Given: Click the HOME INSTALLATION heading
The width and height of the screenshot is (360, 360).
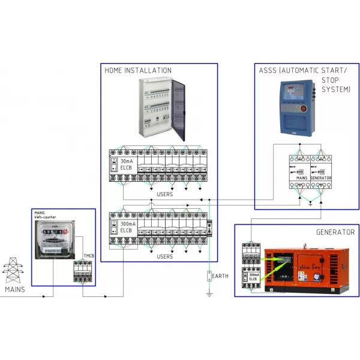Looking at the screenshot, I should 138,70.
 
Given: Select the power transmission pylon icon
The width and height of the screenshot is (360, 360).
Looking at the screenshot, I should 12,271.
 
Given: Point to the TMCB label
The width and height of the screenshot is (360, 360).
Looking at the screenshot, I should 88,256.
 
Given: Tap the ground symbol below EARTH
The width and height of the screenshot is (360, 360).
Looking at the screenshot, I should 209,293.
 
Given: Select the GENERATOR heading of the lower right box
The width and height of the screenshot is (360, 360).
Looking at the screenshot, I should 335,232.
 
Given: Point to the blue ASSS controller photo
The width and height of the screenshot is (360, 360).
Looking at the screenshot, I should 298,107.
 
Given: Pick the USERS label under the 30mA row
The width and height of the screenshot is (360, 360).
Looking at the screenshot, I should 164,194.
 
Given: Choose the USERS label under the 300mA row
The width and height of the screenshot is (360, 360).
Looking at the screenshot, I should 164,257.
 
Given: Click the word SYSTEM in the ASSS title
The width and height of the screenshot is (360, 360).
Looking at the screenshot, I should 335,89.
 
